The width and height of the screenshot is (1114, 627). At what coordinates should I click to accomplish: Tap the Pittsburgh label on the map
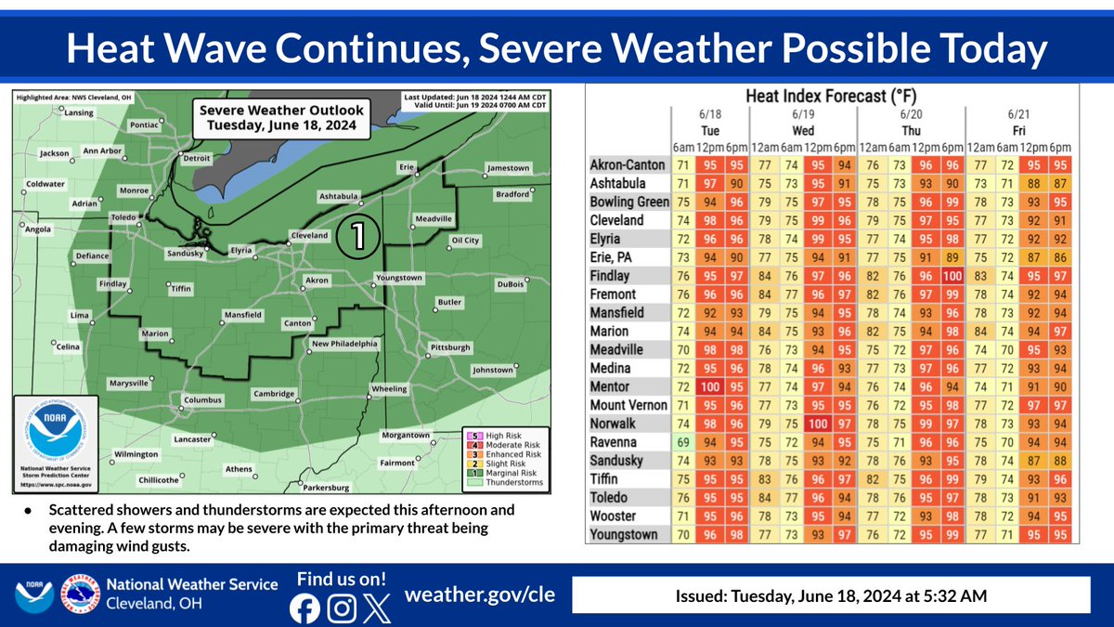coord(450,347)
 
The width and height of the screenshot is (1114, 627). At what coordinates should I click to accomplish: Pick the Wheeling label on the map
coord(390,388)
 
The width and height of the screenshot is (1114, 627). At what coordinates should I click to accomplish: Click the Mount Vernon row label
coord(628,405)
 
